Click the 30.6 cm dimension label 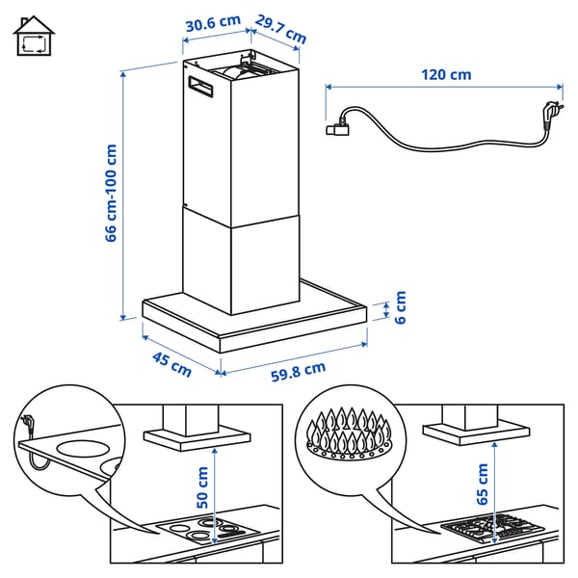212,20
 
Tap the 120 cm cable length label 446,74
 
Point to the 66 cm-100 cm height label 111,193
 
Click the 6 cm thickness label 401,308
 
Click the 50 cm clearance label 202,488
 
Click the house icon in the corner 34,37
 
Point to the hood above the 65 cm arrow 478,429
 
